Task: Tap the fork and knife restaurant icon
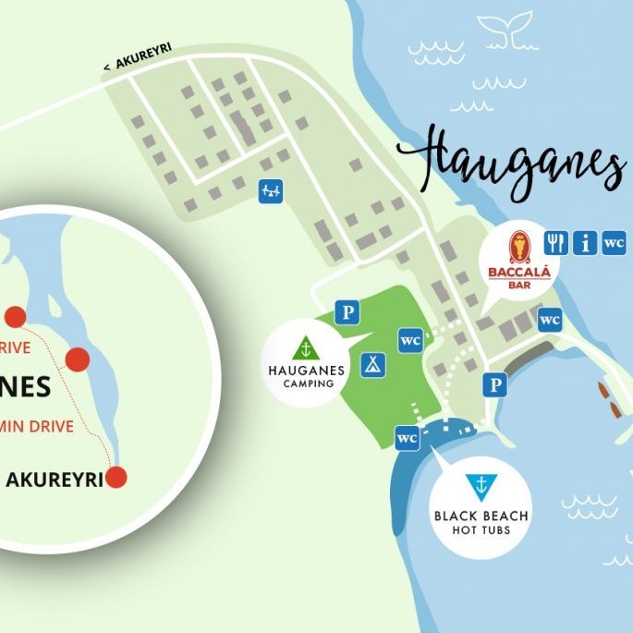coord(555,243)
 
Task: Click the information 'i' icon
coord(584,243)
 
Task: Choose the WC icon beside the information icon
coord(614,243)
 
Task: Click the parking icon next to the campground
coord(347,312)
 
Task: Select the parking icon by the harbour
coord(497,385)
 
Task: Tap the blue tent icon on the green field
coord(373,362)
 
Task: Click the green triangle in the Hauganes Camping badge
coord(305,348)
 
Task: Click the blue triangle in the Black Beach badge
coord(479,483)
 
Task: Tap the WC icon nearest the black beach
coord(407,438)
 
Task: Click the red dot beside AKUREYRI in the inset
coord(116,478)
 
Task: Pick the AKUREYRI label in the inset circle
coord(53,480)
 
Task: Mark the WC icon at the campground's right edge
coord(411,339)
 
